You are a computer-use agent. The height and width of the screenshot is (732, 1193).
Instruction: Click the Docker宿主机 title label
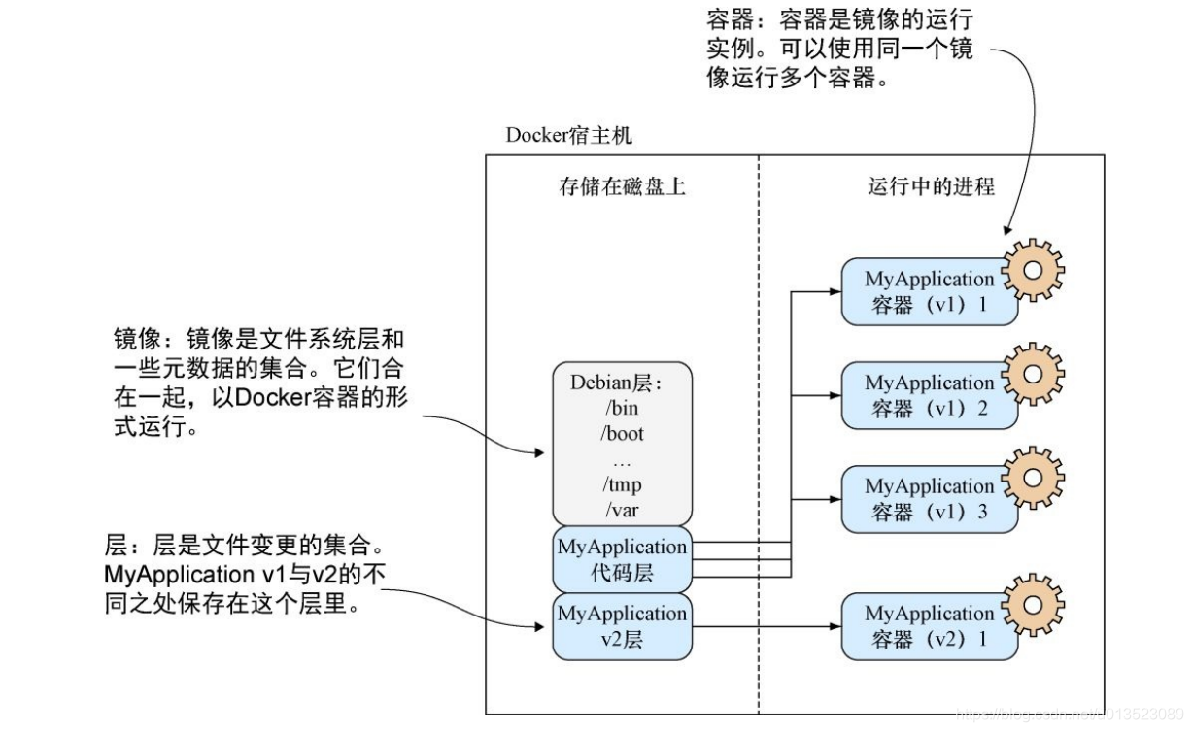point(568,135)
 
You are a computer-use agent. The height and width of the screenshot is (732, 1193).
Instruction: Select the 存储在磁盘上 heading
point(622,186)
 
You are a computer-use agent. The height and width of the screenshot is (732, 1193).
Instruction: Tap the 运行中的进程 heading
point(931,186)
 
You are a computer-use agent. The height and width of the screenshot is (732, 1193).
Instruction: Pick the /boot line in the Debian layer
point(622,433)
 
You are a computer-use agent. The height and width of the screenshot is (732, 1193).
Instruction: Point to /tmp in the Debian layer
point(622,483)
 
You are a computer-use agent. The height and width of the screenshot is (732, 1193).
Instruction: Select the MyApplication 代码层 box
point(622,559)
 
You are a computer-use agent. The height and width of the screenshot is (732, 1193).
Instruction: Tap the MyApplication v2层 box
point(622,626)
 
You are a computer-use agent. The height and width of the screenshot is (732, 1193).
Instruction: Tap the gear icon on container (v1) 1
point(1033,269)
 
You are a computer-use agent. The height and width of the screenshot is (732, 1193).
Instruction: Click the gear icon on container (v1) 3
point(1033,477)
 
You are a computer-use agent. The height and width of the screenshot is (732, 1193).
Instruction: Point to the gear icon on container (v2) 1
point(1033,604)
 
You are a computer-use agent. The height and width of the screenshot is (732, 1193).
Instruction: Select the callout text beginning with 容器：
point(839,49)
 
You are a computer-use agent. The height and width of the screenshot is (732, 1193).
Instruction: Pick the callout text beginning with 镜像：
point(258,383)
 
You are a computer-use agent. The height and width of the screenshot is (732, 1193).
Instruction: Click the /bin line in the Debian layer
point(622,408)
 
